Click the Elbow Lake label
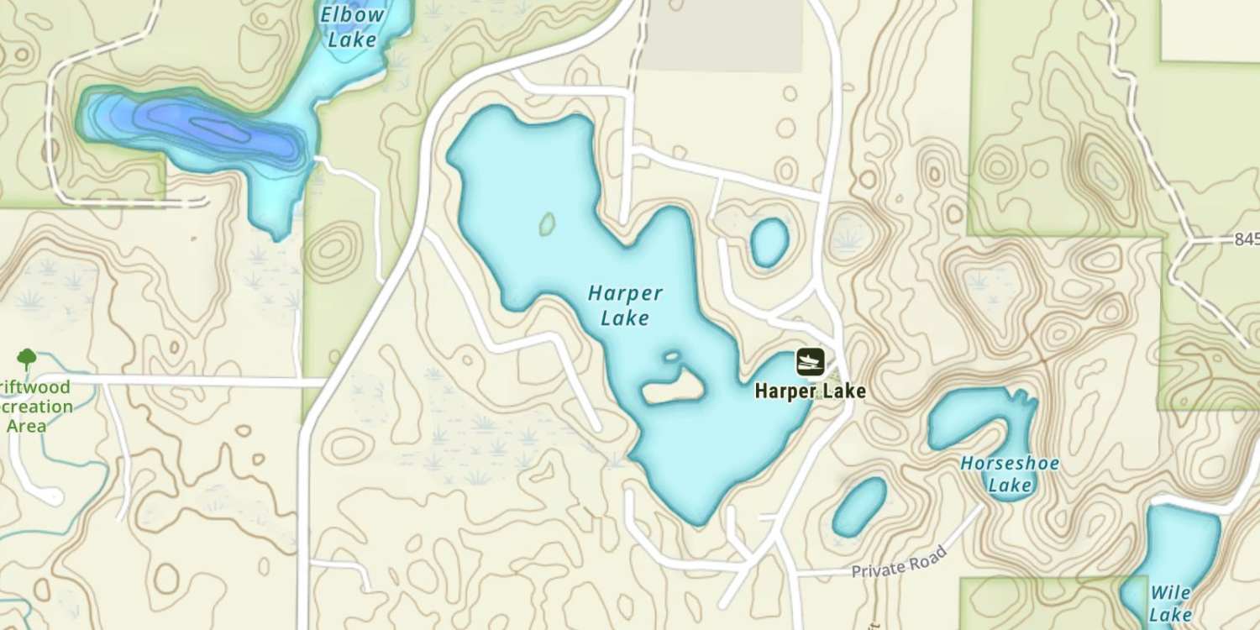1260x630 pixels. click(353, 27)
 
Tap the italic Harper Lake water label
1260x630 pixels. click(626, 306)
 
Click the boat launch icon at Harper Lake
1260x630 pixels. click(810, 363)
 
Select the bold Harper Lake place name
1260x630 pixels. click(810, 391)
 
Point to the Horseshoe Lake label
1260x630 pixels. click(1010, 474)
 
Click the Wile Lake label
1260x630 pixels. click(1170, 603)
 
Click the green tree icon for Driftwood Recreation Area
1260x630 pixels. click(27, 360)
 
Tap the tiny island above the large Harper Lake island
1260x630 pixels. click(671, 356)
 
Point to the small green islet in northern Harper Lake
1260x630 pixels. click(547, 224)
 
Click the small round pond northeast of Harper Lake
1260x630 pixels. click(769, 242)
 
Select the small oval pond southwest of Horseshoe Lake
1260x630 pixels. click(859, 506)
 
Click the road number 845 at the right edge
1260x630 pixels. click(1247, 239)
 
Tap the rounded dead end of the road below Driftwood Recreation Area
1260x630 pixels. click(52, 496)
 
